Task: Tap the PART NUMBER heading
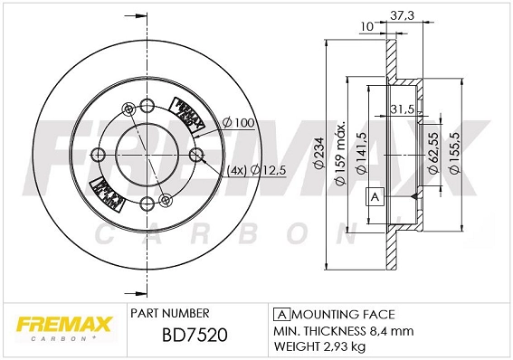[170, 314]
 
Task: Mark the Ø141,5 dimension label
[363, 154]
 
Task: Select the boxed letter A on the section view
[373, 196]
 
